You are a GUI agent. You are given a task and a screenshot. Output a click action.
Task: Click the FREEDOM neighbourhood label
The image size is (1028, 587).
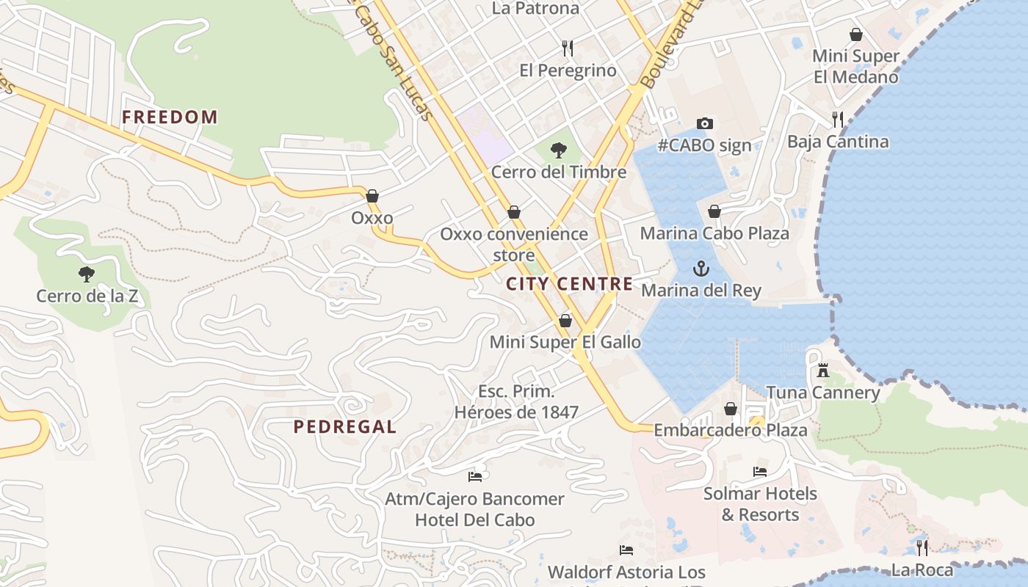point(170,117)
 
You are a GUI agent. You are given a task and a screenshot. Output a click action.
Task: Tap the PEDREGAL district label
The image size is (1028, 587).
point(344,426)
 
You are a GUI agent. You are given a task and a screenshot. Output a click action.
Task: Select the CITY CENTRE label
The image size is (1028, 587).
point(569,284)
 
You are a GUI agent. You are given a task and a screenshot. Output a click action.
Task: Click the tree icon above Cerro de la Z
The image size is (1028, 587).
point(87,275)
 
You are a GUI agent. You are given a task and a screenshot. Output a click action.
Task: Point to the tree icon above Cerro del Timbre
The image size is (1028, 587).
point(559,150)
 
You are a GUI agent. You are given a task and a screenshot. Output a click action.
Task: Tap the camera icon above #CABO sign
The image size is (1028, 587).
point(705,123)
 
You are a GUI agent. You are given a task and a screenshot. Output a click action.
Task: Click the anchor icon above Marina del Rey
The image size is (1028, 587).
point(701,269)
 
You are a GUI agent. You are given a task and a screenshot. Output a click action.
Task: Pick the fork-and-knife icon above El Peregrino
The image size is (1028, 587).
point(567,48)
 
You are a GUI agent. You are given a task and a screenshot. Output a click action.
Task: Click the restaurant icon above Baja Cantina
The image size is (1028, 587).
point(838,119)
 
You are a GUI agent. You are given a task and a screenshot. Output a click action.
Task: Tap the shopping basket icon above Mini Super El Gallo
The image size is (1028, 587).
point(565,321)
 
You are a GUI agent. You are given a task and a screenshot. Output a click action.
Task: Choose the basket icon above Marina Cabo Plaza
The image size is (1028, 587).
point(714,212)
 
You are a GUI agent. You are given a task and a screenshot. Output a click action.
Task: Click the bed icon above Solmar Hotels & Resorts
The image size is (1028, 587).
point(760,472)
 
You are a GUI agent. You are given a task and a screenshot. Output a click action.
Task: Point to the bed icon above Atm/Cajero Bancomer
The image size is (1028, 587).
point(475,477)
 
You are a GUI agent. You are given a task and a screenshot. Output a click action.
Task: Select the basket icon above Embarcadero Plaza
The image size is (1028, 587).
point(731,409)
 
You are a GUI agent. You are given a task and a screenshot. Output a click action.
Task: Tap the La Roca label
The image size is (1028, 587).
point(922,570)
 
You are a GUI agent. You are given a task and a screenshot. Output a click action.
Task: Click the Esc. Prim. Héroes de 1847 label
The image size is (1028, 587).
point(516,402)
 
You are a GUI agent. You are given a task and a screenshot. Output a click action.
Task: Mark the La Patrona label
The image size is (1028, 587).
point(535,9)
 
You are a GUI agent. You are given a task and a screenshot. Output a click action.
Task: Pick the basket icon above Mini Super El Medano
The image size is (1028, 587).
point(856,34)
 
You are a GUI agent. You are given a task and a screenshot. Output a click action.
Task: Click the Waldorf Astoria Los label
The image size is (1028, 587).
point(626,572)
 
